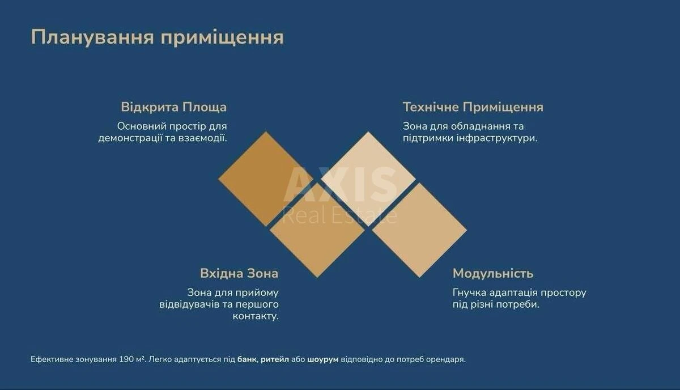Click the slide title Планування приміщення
click(157, 37)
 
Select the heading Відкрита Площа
click(173, 107)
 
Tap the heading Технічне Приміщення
click(473, 107)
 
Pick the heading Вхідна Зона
click(239, 273)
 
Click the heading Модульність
click(492, 273)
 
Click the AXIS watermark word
click(340, 185)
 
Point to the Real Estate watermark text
click(339, 215)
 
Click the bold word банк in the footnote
click(246, 359)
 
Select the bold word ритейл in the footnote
click(275, 359)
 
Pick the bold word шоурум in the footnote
click(322, 359)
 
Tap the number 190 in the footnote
click(126, 359)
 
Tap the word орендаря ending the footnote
click(448, 359)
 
